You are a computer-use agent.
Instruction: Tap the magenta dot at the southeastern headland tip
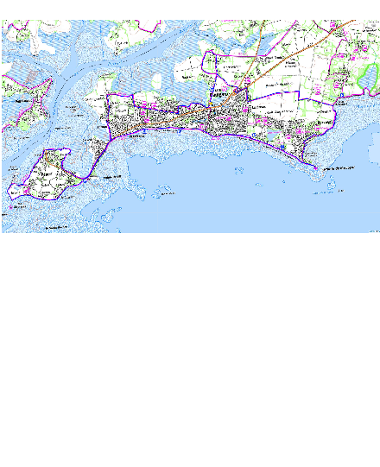[315, 167]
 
